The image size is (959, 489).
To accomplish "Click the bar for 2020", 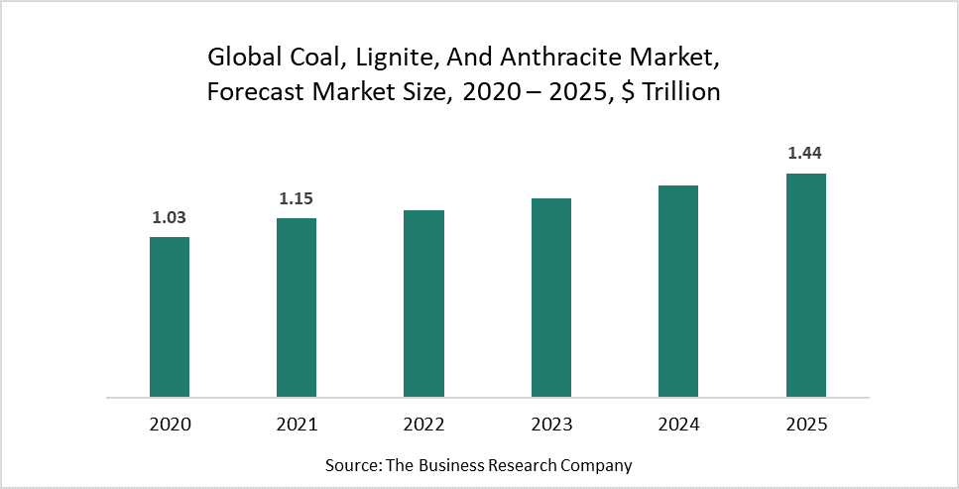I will [x=170, y=316].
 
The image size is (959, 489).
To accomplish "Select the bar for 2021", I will [x=297, y=307].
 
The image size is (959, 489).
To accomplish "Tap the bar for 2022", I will [x=423, y=304].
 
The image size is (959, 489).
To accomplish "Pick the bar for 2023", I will [x=551, y=298].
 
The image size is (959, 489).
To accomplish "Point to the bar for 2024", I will [x=678, y=291].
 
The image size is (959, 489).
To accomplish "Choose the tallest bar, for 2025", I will [x=805, y=285].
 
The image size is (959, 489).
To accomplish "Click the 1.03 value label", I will [x=170, y=217].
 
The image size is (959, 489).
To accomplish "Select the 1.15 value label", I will [x=297, y=198].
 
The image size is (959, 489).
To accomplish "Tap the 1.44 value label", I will [x=805, y=154].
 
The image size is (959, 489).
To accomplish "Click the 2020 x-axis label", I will [x=170, y=425].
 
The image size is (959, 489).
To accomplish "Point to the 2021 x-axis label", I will [x=297, y=425].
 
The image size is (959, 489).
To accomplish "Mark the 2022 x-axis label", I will [x=423, y=425].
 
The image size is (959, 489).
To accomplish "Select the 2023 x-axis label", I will [x=551, y=425].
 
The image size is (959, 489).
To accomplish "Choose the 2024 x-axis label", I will [x=678, y=425].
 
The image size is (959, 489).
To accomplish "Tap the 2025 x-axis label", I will [x=805, y=425].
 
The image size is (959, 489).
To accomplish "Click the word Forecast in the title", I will [x=252, y=93].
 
